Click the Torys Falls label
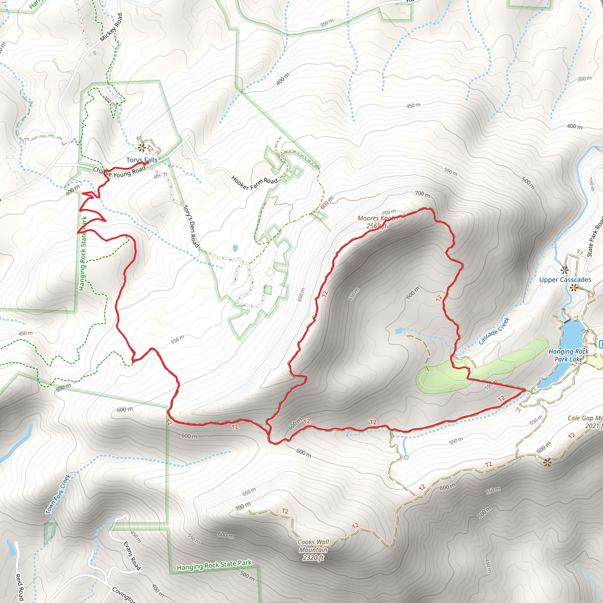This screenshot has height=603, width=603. coord(142,160)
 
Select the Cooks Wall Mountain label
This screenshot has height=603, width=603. coord(313,550)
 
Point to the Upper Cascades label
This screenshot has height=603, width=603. coord(565,280)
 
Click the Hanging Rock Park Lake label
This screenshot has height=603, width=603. coord(568,355)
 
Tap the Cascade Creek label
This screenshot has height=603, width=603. coord(494,331)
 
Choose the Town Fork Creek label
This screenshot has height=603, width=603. coord(58,494)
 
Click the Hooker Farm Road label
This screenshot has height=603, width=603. coord(254,183)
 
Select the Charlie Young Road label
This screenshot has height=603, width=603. coord(119,172)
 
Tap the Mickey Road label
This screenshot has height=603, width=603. coord(111,27)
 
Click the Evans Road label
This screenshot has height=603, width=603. coord(132,556)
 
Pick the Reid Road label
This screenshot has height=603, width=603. coord(19,587)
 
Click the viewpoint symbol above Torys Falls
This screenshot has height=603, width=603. coord(142,147)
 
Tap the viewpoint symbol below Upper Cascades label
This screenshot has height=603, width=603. coord(574,288)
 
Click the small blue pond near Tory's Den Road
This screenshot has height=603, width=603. coord(235,249)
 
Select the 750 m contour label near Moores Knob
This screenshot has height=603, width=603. coord(389,212)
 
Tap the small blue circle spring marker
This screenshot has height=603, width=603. coord(406,457)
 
